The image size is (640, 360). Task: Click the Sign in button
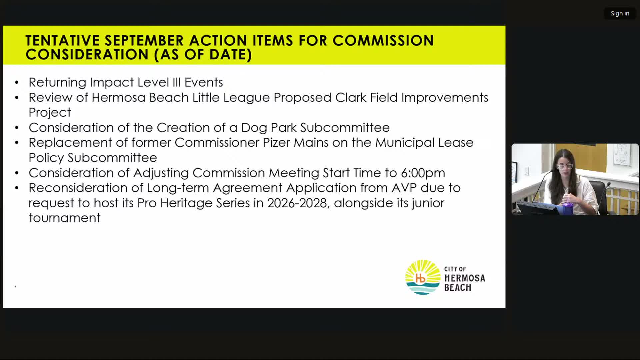pyautogui.click(x=620, y=13)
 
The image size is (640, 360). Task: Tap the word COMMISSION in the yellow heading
pyautogui.click(x=383, y=41)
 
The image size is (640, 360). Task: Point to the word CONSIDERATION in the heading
pyautogui.click(x=87, y=55)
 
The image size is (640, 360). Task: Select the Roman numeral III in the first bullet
pyautogui.click(x=176, y=82)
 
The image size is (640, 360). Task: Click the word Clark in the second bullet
pyautogui.click(x=351, y=98)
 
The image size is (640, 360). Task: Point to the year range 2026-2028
pyautogui.click(x=297, y=203)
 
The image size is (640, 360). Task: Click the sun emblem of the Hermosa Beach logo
pyautogui.click(x=423, y=277)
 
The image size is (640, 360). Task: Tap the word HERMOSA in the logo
pyautogui.click(x=465, y=278)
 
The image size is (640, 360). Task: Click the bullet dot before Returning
pyautogui.click(x=17, y=83)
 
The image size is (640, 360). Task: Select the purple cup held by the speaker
pyautogui.click(x=568, y=207)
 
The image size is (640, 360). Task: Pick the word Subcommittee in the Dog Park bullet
pyautogui.click(x=345, y=128)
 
